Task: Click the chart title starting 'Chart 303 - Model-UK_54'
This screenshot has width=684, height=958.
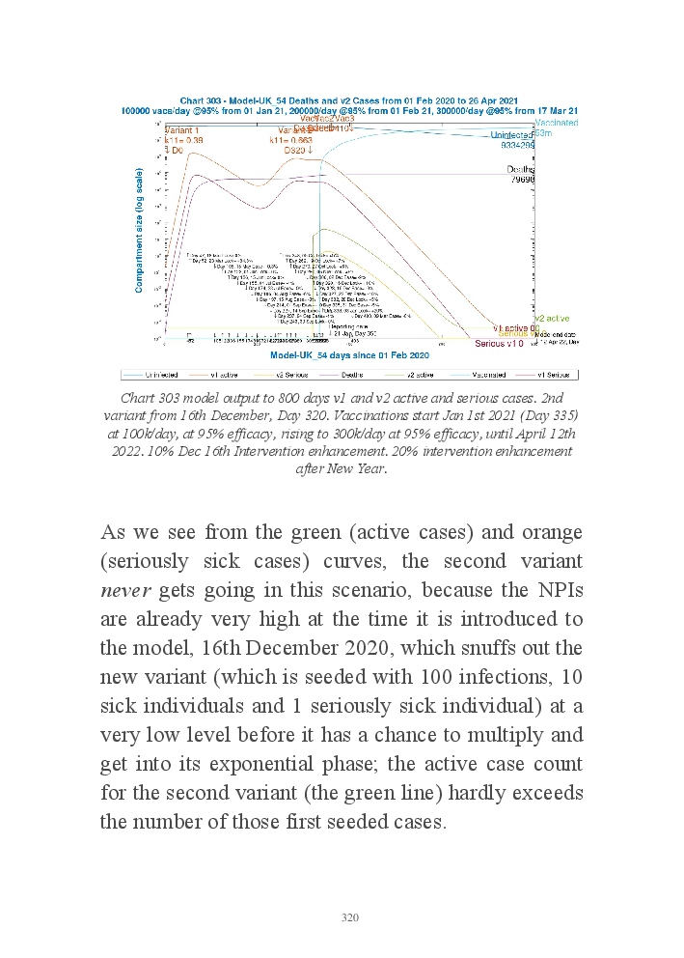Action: pyautogui.click(x=350, y=100)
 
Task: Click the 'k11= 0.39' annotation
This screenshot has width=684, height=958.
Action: pyautogui.click(x=183, y=140)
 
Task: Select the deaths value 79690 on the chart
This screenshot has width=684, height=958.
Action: pyautogui.click(x=522, y=180)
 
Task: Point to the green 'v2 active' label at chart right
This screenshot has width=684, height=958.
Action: pyautogui.click(x=552, y=318)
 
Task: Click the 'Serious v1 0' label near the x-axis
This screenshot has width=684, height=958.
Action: pyautogui.click(x=500, y=343)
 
